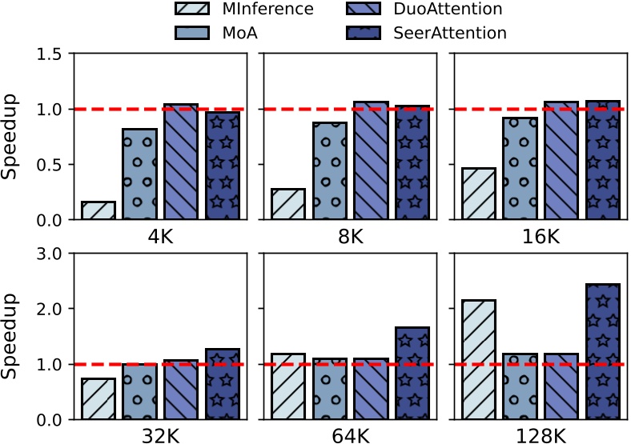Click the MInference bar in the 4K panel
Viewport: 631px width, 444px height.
tap(98, 210)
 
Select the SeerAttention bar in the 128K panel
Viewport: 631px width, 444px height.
tap(601, 351)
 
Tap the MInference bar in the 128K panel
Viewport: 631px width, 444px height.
tap(479, 359)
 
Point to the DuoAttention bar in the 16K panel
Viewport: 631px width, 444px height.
tap(561, 161)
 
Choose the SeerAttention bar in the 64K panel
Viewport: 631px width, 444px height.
tap(412, 373)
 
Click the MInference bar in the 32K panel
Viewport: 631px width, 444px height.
tap(98, 398)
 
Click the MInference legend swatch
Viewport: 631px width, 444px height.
tap(193, 10)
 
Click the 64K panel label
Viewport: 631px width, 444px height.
tap(351, 436)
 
